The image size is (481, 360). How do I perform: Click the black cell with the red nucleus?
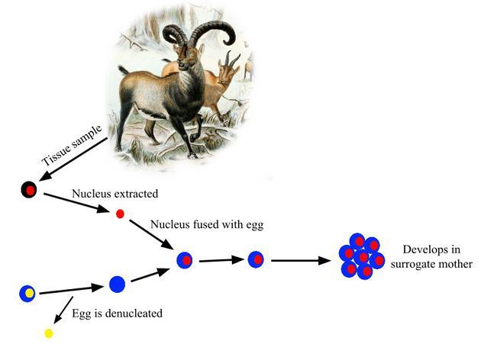click(29, 190)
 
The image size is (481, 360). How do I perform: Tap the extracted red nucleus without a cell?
click(120, 214)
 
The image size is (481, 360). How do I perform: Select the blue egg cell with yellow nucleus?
click(27, 294)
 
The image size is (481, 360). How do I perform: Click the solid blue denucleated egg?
click(117, 284)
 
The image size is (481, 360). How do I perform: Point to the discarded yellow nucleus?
click(49, 333)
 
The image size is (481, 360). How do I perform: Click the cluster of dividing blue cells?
click(362, 256)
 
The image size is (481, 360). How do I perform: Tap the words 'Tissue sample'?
click(72, 145)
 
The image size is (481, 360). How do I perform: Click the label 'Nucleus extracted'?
click(115, 194)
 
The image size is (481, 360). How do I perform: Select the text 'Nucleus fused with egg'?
click(207, 224)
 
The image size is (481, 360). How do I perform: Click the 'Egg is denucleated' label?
click(117, 313)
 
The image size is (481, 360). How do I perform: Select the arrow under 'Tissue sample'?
click(73, 159)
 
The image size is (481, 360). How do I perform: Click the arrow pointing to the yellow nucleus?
click(63, 310)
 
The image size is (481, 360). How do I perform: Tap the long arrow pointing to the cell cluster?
click(301, 261)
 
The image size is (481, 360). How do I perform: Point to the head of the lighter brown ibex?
click(227, 72)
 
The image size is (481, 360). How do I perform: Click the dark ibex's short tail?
click(124, 70)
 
